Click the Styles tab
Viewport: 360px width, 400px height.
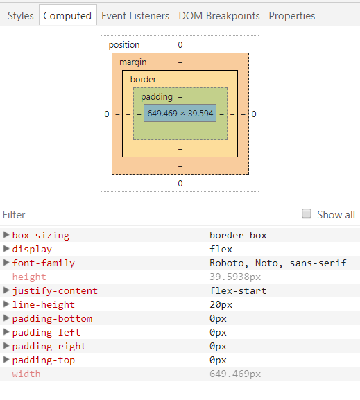(x=20, y=15)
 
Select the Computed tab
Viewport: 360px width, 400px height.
(x=67, y=15)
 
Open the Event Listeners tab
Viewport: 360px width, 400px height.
(x=135, y=15)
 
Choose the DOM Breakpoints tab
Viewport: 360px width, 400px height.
(x=219, y=15)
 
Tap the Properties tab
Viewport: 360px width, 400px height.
(x=292, y=15)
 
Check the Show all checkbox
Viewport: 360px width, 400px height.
(x=307, y=214)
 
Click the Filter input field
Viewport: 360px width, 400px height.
(x=139, y=215)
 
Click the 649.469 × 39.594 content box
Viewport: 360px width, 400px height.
(x=180, y=113)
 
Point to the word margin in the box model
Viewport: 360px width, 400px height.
(x=133, y=62)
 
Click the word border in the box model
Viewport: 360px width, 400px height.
(x=143, y=80)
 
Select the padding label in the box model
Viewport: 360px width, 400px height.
(x=157, y=97)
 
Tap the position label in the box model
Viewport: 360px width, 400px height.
(x=124, y=45)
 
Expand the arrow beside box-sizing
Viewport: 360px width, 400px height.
(x=6, y=235)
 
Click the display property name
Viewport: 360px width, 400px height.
(x=32, y=249)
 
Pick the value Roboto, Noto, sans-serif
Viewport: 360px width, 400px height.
(x=277, y=263)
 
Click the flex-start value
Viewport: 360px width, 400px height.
(x=238, y=290)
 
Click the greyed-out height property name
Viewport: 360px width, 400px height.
(x=29, y=277)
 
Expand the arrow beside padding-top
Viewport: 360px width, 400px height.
(x=6, y=360)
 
